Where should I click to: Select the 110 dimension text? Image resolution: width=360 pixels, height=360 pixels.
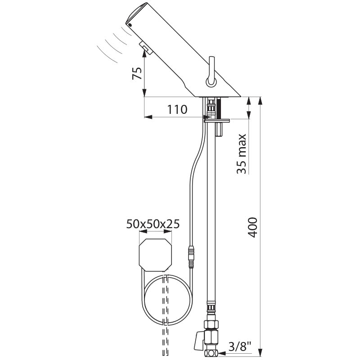coord(177,109)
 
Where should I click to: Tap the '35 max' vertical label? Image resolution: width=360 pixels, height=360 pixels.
coord(242,154)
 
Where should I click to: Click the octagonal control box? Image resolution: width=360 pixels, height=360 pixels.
coord(156,255)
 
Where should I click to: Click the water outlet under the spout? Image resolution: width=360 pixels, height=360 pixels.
coord(144,47)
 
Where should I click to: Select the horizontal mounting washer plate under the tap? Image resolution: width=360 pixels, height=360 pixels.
coord(216,120)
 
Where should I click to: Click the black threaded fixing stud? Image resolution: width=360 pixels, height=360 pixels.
coord(220,108)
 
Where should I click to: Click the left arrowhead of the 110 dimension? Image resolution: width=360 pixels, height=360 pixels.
coord(147,117)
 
